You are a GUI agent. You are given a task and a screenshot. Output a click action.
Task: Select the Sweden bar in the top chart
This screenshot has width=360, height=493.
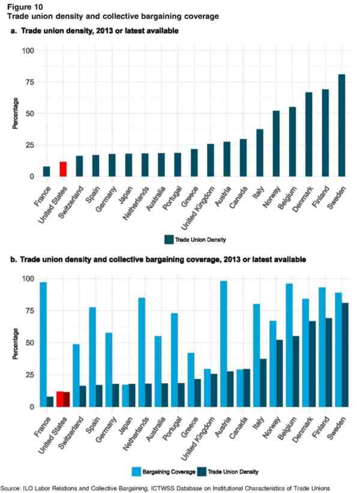coord(341,125)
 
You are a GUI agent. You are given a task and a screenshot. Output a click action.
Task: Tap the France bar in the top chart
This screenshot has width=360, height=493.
coord(47,172)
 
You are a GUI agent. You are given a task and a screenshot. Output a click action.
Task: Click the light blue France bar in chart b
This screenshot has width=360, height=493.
coord(43,344)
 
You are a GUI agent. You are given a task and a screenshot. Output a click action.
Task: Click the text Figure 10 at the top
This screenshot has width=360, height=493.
coord(23,6)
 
